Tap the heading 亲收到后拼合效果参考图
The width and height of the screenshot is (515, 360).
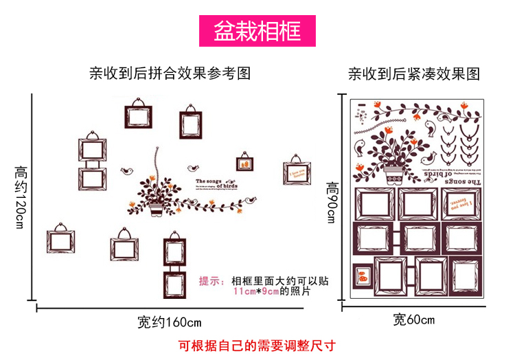170,74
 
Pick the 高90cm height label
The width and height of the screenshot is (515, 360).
332,203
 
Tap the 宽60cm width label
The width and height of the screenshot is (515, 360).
413,319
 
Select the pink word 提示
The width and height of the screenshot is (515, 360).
211,280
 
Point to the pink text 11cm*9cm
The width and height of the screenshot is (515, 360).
255,291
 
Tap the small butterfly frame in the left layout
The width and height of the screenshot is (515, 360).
244,164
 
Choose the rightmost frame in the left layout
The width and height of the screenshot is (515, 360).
297,173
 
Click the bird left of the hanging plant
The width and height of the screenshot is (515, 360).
127,168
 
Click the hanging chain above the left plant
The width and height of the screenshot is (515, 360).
158,161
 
